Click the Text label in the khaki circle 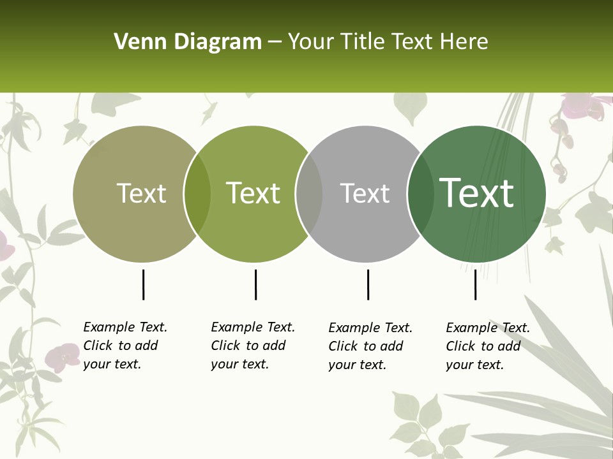pyautogui.click(x=141, y=193)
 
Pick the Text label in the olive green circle pyautogui.click(x=253, y=193)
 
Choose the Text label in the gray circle pyautogui.click(x=365, y=193)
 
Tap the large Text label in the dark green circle pyautogui.click(x=476, y=193)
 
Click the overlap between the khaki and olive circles pyautogui.click(x=197, y=194)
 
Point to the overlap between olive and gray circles pyautogui.click(x=309, y=194)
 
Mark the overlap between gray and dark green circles pyautogui.click(x=420, y=194)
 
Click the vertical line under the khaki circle pyautogui.click(x=144, y=284)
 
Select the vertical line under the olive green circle pyautogui.click(x=255, y=284)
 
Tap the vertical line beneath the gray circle pyautogui.click(x=368, y=284)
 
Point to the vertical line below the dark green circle pyautogui.click(x=475, y=284)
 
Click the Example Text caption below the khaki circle pyautogui.click(x=125, y=346)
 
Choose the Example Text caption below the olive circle pyautogui.click(x=252, y=346)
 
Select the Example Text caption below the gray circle pyautogui.click(x=370, y=346)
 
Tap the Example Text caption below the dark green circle pyautogui.click(x=487, y=346)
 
